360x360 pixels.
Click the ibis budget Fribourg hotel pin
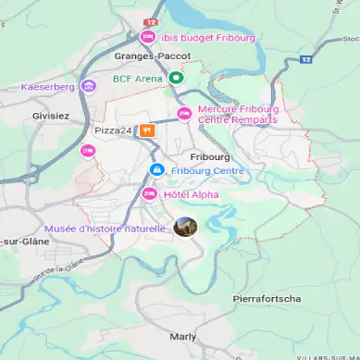click(x=147, y=37)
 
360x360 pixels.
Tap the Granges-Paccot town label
click(x=152, y=56)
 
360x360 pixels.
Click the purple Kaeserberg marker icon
click(x=89, y=86)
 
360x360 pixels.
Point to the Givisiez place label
click(x=51, y=116)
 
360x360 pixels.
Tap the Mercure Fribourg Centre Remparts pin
click(x=184, y=114)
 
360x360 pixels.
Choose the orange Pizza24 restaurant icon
click(x=146, y=130)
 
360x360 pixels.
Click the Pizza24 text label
click(x=113, y=130)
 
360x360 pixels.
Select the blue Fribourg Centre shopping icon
click(x=157, y=170)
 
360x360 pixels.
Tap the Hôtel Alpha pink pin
click(x=149, y=192)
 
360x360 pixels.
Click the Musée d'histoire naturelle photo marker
click(x=185, y=227)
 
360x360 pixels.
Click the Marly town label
click(x=183, y=337)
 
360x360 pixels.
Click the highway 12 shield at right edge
click(x=306, y=60)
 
